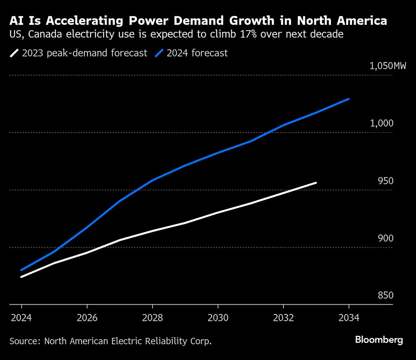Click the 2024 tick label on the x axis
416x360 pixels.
(x=21, y=318)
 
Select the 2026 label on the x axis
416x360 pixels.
(x=87, y=318)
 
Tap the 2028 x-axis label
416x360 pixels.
(x=152, y=318)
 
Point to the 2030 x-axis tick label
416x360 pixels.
(x=218, y=318)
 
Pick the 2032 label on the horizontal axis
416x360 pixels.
(x=283, y=318)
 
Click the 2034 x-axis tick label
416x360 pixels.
(x=349, y=318)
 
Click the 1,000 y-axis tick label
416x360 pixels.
(x=382, y=123)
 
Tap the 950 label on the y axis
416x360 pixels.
(x=385, y=181)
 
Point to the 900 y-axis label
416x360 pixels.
(x=385, y=238)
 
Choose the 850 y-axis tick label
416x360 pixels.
(x=385, y=296)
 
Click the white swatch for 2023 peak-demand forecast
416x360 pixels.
(x=15, y=53)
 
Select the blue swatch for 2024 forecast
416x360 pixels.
(x=160, y=53)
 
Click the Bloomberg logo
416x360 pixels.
(x=379, y=340)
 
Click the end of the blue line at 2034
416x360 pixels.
(x=349, y=99)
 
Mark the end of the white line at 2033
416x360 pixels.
(x=316, y=182)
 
